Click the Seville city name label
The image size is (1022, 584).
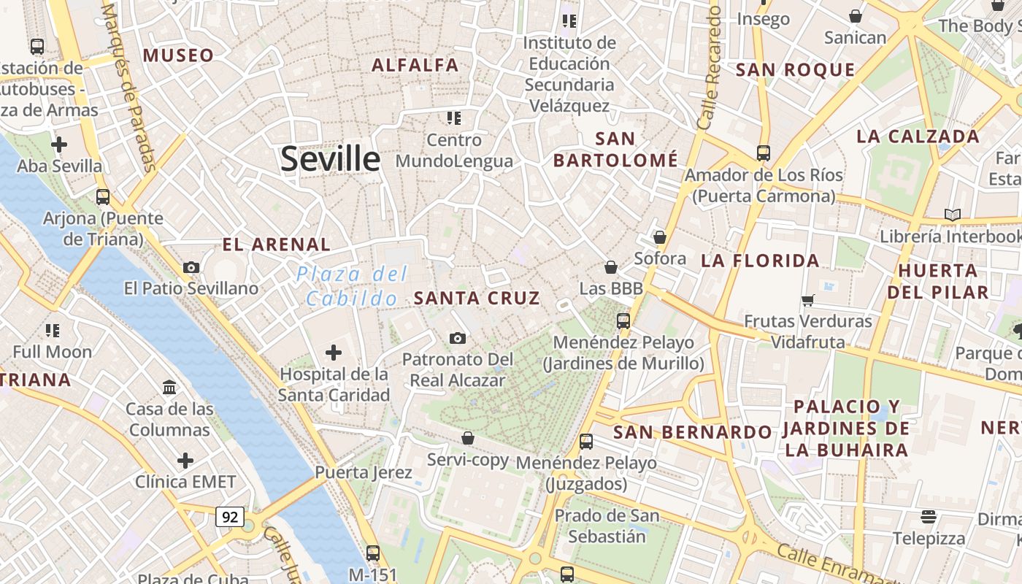[330, 158]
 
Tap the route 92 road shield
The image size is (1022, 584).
[230, 517]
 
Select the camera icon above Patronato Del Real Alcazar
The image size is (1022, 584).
[458, 338]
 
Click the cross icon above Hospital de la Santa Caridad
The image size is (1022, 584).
[334, 353]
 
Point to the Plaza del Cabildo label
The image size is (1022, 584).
[353, 286]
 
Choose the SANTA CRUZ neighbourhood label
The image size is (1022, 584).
[477, 298]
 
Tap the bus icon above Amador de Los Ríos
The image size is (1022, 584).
[764, 153]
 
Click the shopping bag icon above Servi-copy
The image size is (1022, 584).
[468, 438]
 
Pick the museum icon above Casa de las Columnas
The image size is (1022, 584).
[170, 387]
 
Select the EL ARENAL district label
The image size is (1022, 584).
[277, 245]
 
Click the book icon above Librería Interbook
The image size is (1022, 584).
[953, 215]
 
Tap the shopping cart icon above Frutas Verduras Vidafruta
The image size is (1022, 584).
[808, 300]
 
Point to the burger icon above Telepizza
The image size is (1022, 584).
[929, 517]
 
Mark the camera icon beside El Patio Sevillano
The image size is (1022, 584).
[191, 267]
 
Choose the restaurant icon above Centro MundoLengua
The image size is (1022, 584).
[454, 118]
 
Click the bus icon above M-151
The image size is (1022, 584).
[373, 553]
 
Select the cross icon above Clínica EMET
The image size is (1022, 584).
[185, 461]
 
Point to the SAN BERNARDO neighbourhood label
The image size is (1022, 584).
[692, 432]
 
